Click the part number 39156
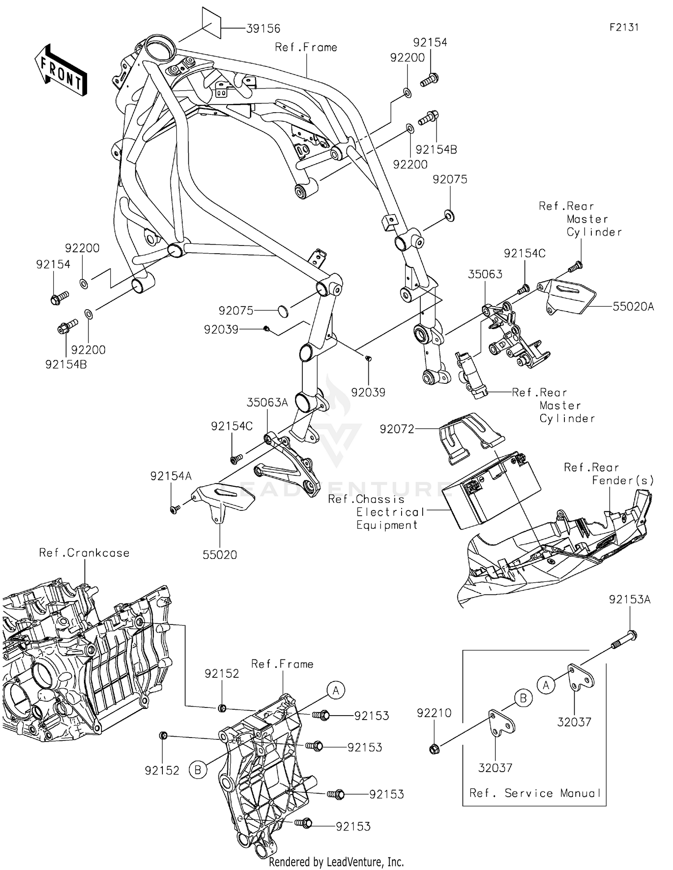pos(263,29)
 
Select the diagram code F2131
pos(624,27)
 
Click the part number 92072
pos(397,429)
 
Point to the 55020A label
pos(633,307)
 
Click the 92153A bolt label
pos(629,599)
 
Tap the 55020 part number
pos(219,555)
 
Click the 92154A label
pos(170,476)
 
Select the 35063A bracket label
pos(267,402)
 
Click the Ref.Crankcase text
pos(84,553)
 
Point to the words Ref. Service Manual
pos(535,793)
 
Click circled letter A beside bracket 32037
pos(546,685)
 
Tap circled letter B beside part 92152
pos(197,770)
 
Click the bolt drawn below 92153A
pos(624,640)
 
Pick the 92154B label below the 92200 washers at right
pos(436,149)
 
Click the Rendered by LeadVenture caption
pos(336,861)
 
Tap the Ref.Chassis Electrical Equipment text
pos(376,512)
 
